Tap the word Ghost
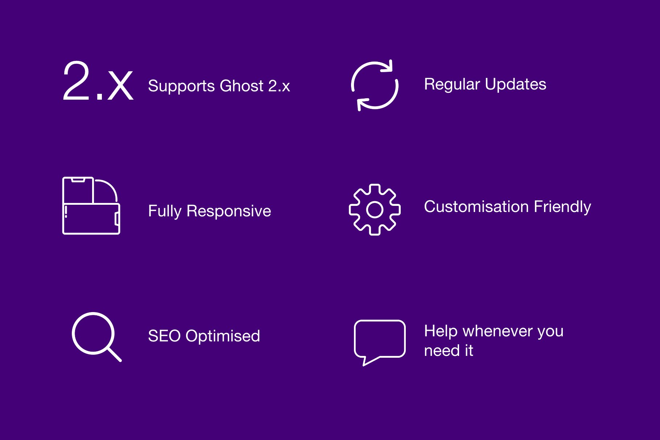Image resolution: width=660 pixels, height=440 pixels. coord(242,86)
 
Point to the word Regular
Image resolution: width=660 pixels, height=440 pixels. coord(452,85)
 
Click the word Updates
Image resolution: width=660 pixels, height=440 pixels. coord(516,84)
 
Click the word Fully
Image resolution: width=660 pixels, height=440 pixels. coord(165,212)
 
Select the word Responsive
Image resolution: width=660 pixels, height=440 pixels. coord(229,212)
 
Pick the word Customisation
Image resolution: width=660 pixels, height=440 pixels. coord(477,207)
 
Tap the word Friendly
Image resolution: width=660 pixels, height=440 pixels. coord(562,207)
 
